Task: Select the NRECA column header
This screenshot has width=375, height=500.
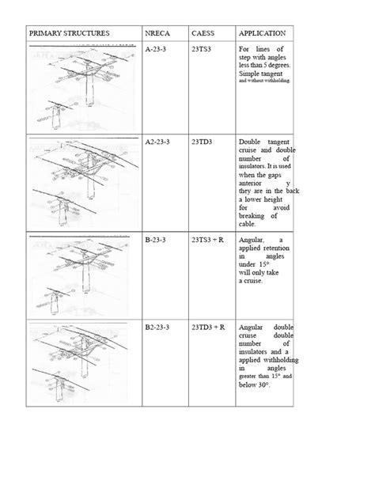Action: click(x=157, y=34)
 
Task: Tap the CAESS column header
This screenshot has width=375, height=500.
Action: click(x=203, y=34)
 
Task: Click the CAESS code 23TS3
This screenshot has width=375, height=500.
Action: click(x=202, y=50)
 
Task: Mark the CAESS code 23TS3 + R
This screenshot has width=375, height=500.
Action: click(x=208, y=239)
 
